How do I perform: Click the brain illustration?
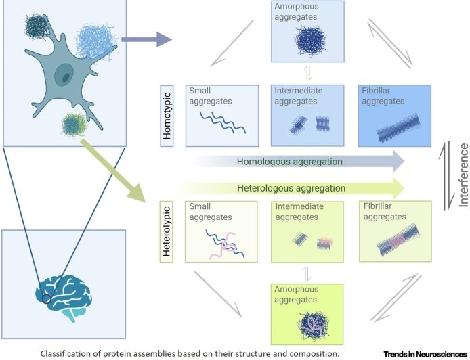point(64,287)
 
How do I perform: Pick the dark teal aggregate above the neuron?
point(35,27)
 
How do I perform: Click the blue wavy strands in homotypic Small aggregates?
point(212,126)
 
